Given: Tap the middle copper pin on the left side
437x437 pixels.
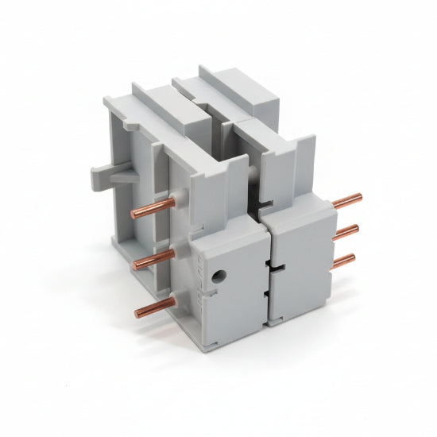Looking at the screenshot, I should point(153,259).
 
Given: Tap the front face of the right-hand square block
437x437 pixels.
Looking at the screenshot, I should point(300,266).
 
